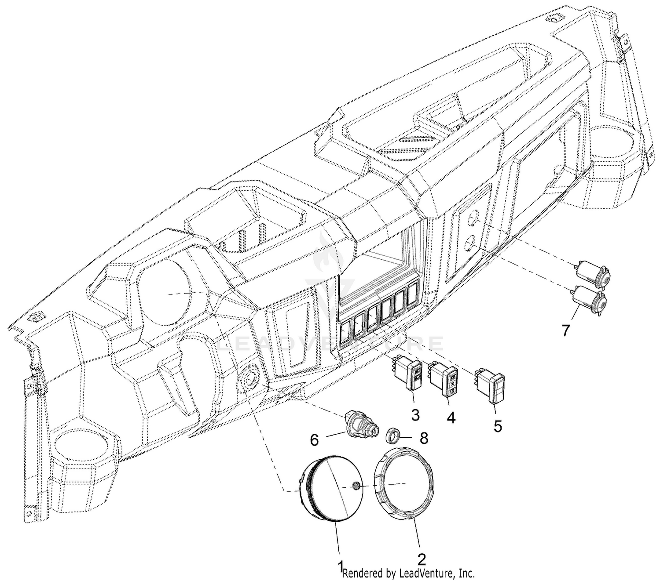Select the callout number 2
pos(421,559)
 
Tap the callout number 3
pos(415,415)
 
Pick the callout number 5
pos(498,426)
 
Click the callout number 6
pos(314,440)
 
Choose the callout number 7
pos(565,330)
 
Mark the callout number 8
pos(423,439)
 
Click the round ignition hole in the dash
pos(250,378)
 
